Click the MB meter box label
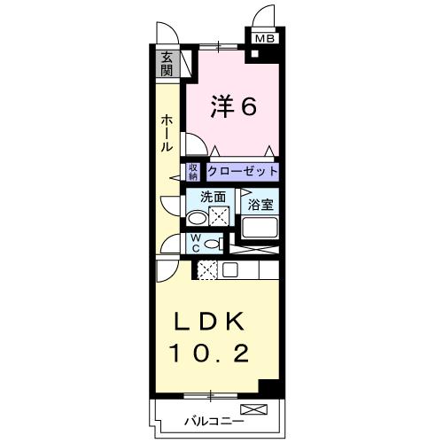(265, 39)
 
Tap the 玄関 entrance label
(167, 64)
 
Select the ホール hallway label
(167, 134)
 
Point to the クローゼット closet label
(243, 171)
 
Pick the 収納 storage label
(192, 171)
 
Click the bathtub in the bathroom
(260, 228)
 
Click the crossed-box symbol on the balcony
(253, 409)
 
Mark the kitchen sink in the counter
(229, 270)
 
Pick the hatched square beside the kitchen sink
(207, 270)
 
